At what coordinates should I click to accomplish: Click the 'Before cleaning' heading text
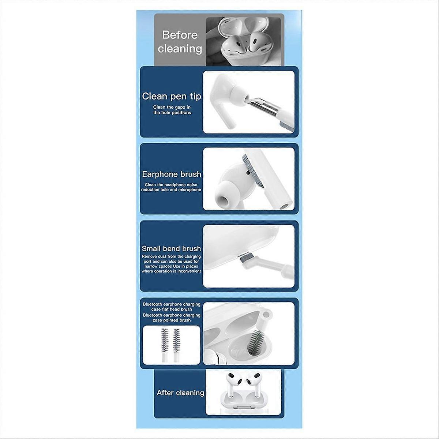180,42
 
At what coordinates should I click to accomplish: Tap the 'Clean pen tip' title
172,96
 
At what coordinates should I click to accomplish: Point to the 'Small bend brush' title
171,248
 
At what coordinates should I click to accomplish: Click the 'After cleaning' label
180,393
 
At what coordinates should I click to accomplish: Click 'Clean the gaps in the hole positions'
172,110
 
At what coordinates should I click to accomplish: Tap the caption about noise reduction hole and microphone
171,187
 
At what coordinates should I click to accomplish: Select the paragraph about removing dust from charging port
171,264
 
